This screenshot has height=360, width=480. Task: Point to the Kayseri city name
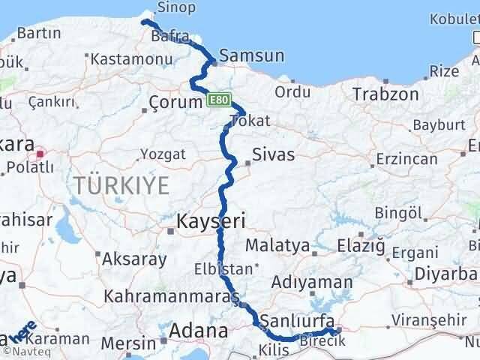(x=211, y=220)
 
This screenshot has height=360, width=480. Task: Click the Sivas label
(x=273, y=155)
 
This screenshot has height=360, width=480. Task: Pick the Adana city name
(x=199, y=331)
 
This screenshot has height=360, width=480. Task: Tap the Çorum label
(x=175, y=100)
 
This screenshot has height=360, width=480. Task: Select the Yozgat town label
(x=162, y=155)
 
